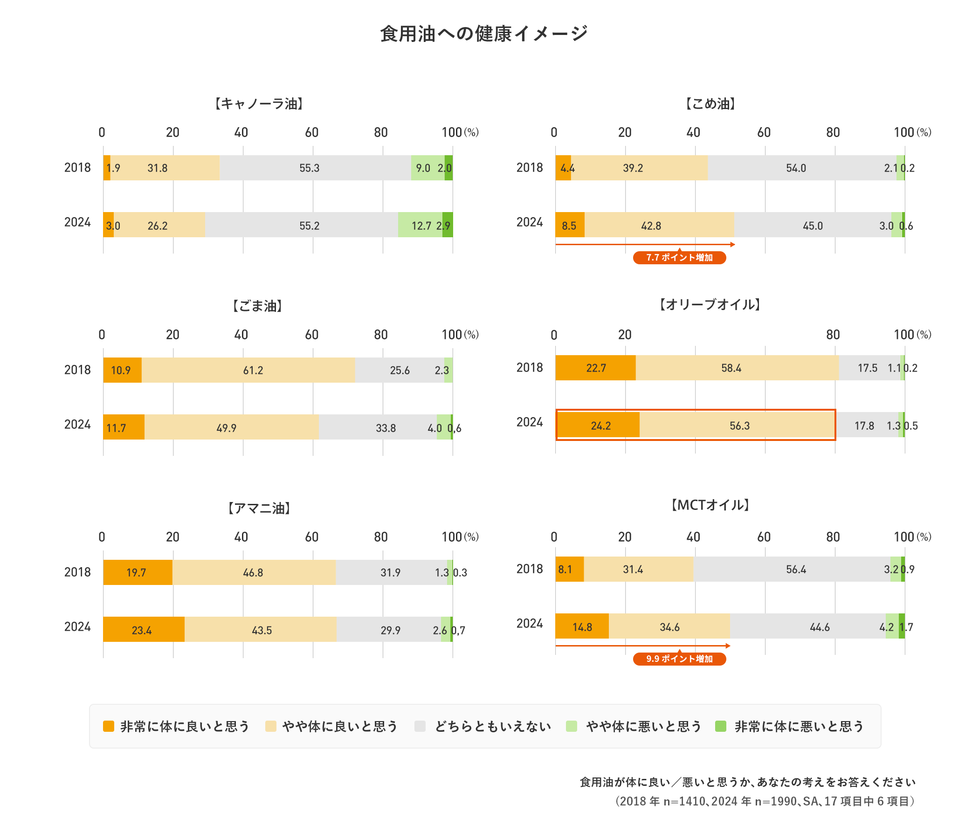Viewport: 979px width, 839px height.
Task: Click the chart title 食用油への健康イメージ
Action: (x=484, y=34)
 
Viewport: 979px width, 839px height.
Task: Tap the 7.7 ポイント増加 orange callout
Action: (x=679, y=258)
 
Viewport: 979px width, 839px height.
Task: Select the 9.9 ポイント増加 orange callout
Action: (x=679, y=659)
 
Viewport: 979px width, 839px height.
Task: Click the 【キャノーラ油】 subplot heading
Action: (x=259, y=104)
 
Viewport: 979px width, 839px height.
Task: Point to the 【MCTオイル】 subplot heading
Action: (x=710, y=505)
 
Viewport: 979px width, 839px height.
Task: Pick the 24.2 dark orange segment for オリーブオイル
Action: (x=599, y=426)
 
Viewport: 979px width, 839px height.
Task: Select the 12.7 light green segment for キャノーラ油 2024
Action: (x=420, y=225)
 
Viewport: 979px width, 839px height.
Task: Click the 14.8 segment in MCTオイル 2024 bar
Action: (x=582, y=627)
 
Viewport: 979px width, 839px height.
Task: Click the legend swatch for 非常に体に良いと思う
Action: (x=109, y=727)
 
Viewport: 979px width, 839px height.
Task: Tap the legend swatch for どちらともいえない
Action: (x=420, y=727)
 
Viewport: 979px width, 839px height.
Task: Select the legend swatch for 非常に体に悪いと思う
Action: (x=721, y=727)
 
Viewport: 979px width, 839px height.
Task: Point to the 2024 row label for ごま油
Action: (x=77, y=425)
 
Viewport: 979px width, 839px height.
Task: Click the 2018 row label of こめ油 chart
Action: (x=530, y=168)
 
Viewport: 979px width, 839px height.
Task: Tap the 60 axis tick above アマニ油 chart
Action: (x=311, y=537)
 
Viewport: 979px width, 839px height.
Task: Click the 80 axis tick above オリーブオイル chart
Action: (x=833, y=335)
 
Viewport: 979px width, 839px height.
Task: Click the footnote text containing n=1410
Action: (x=765, y=801)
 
